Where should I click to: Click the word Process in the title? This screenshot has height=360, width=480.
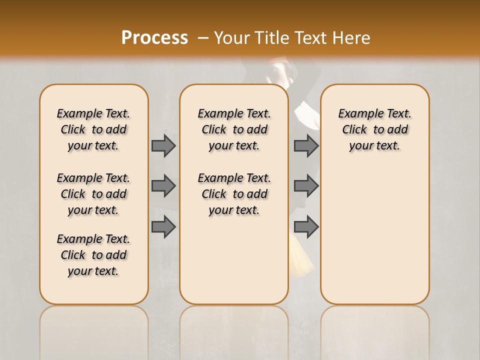point(154,37)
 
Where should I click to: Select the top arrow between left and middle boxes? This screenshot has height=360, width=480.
point(163,145)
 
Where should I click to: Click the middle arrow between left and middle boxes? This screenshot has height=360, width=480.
point(163,186)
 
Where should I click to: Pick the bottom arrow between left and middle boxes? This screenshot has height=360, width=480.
point(163,226)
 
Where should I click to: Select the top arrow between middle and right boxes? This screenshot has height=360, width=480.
point(306,145)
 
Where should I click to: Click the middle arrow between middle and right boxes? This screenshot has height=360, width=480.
point(306,186)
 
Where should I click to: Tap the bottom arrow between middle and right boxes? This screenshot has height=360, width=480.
point(306,226)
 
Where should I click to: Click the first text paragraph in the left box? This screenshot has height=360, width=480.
point(93,129)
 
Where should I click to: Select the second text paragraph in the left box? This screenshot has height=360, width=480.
point(93,194)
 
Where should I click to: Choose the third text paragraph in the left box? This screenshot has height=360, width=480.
point(93,255)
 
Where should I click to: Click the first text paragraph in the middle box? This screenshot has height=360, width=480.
point(234,129)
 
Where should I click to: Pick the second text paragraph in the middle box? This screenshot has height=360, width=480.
point(234,194)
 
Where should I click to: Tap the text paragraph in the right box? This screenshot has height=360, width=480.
point(374,129)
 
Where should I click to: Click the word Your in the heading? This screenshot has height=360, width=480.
point(231,37)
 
